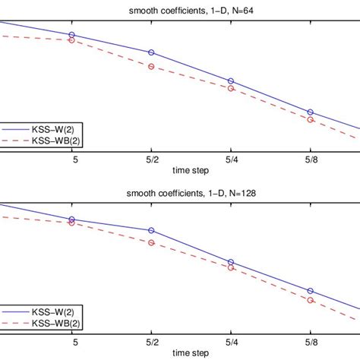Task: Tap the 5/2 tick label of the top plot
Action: pyautogui.click(x=151, y=159)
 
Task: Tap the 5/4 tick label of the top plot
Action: pyautogui.click(x=231, y=159)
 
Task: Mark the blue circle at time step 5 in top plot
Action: pyautogui.click(x=71, y=35)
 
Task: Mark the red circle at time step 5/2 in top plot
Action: pyautogui.click(x=151, y=67)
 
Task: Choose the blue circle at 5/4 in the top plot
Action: pyautogui.click(x=231, y=81)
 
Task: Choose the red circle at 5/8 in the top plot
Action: pyautogui.click(x=311, y=120)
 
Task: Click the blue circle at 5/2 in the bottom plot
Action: pyautogui.click(x=151, y=230)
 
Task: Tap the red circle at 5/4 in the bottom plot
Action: pyautogui.click(x=231, y=267)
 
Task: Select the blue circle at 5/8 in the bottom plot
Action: pyautogui.click(x=311, y=291)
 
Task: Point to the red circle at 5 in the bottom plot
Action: pyautogui.click(x=71, y=223)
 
